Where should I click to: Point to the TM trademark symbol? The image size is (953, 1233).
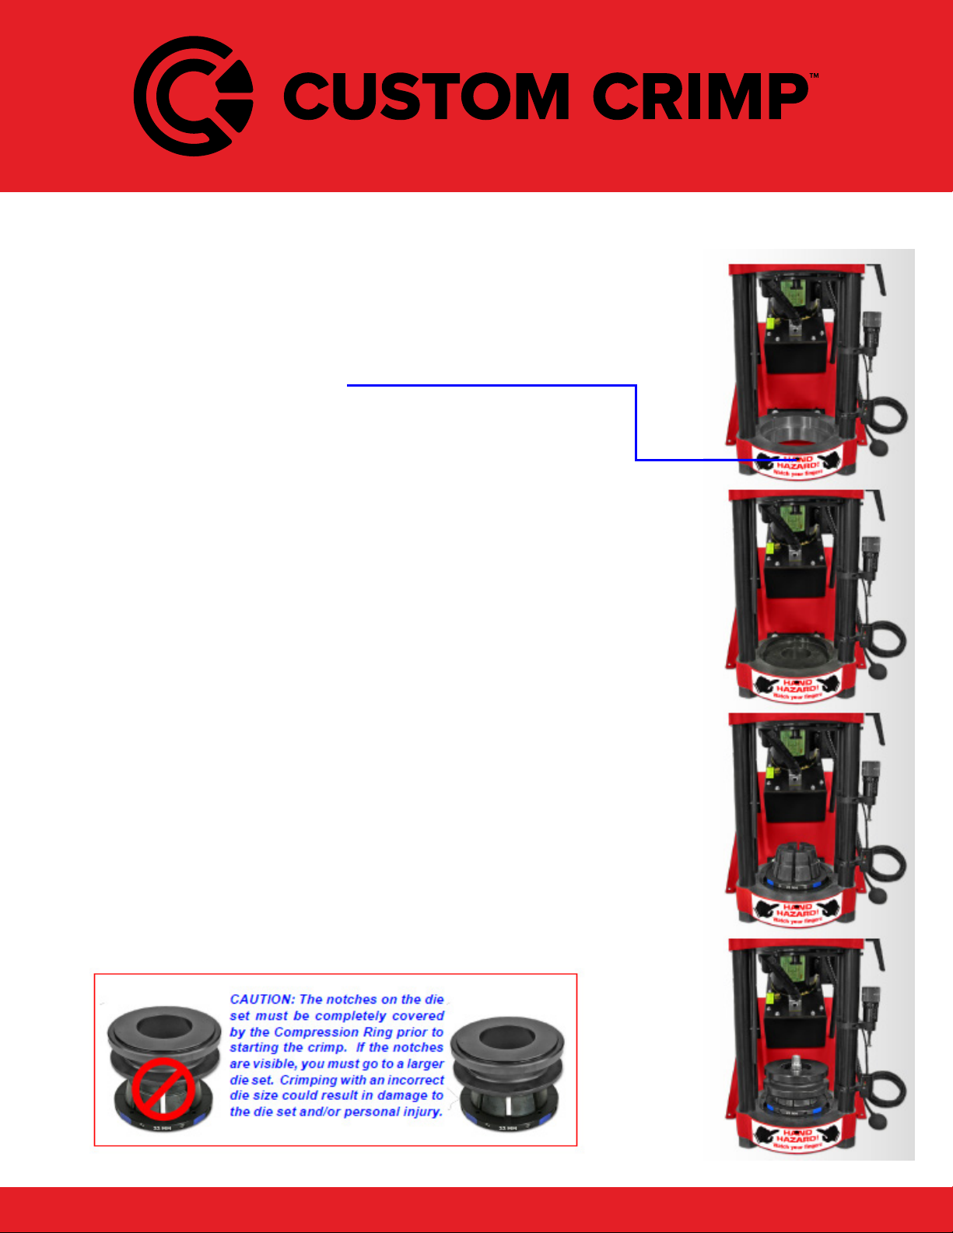814,76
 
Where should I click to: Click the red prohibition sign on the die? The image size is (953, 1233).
161,1089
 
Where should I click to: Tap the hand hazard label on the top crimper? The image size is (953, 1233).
797,464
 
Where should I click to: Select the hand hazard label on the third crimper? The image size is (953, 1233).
797,913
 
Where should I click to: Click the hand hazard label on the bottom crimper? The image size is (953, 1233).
797,1138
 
